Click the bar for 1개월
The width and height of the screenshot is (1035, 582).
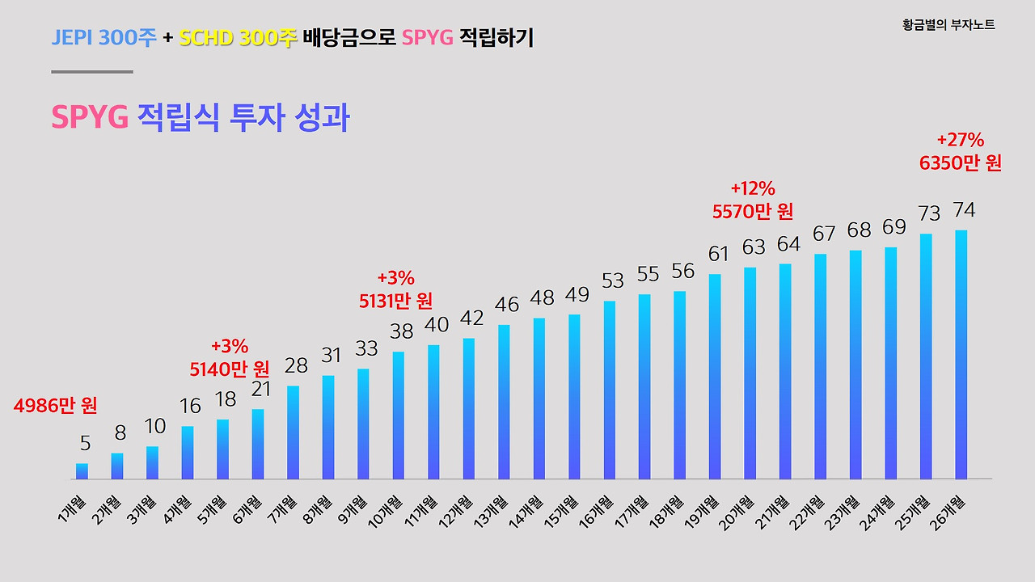coord(82,471)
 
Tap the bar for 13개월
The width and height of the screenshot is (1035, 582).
coord(504,402)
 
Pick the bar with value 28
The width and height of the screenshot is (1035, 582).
coord(293,432)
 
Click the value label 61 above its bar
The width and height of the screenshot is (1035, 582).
coord(718,254)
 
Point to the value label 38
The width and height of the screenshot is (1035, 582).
coord(401,331)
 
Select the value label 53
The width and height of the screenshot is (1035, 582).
coord(613,280)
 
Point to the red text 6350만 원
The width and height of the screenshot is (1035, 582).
coord(961,163)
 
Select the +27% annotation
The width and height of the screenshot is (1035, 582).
coord(960,139)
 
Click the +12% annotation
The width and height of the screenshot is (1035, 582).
coord(753,188)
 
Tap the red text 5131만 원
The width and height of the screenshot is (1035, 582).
coord(396,301)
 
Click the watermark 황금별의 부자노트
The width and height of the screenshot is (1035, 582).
coord(948,25)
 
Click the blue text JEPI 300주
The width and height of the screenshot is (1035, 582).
coord(103,37)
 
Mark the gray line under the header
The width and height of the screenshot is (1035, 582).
coord(91,72)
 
